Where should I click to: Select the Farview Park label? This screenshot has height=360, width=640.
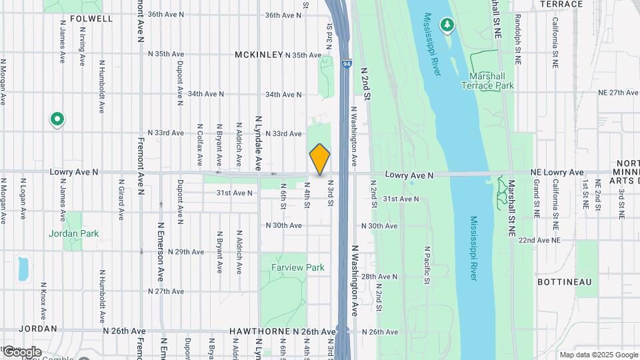[297, 267]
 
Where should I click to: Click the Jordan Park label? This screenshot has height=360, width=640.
[73, 233]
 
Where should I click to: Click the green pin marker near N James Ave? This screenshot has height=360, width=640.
[57, 120]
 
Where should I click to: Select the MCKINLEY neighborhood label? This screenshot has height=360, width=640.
[259, 55]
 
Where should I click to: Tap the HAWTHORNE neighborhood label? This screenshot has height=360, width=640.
[257, 331]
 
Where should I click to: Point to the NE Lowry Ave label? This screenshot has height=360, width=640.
[557, 172]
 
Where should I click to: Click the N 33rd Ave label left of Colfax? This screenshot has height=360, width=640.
[165, 133]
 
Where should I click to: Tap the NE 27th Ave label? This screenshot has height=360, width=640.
[618, 93]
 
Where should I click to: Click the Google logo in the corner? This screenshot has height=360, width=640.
[21, 351]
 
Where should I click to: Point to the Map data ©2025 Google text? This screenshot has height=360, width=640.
[598, 355]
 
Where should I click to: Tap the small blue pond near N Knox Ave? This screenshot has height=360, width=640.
[24, 267]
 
